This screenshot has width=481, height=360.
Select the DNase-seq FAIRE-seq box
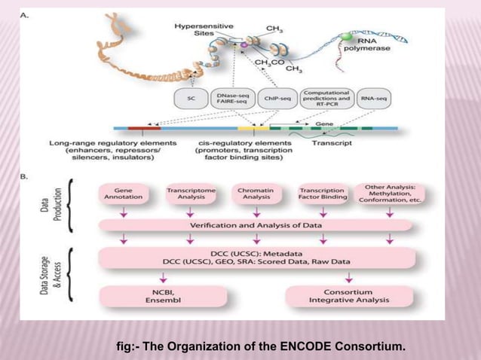tap(232, 98)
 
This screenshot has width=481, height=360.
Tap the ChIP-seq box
tap(276, 98)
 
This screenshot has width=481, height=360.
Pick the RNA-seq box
tap(375, 98)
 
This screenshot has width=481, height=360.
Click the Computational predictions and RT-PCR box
tap(326, 98)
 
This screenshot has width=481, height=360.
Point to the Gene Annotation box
tap(123, 195)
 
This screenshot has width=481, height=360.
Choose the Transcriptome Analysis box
tap(191, 195)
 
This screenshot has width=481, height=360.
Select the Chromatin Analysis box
tap(256, 195)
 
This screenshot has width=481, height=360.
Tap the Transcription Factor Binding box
tap(323, 195)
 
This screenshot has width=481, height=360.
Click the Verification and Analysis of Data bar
tap(256, 224)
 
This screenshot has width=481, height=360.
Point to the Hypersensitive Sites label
tap(198, 29)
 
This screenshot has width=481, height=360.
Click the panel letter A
tap(25, 15)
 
